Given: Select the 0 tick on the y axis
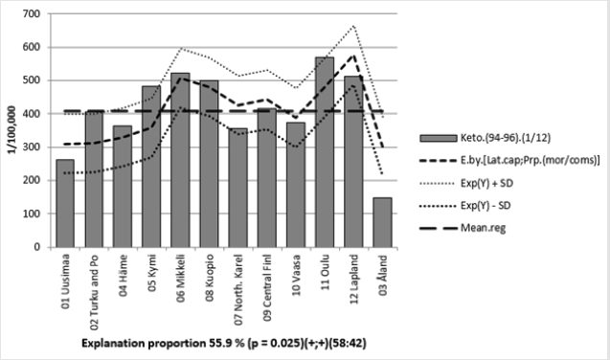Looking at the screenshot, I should click(x=45, y=247).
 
